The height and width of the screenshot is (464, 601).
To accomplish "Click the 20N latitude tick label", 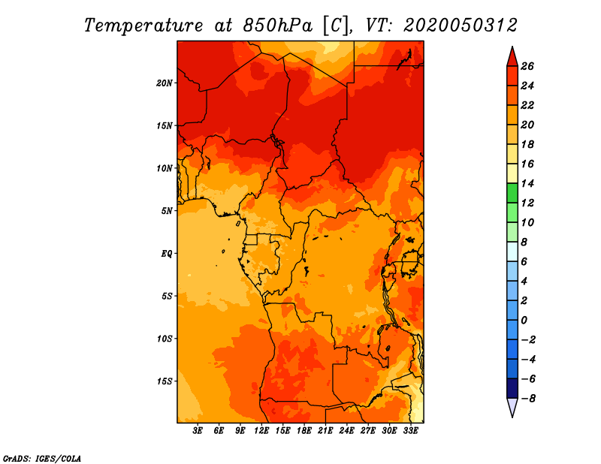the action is click(x=165, y=83).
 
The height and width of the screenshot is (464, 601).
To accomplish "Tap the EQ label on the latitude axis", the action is click(x=167, y=254).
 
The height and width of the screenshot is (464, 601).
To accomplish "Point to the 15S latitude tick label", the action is click(x=165, y=381).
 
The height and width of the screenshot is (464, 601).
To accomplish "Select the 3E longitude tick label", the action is click(x=198, y=431).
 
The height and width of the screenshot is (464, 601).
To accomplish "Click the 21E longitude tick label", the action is click(x=325, y=431).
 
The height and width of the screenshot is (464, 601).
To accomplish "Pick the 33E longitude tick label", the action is click(x=410, y=431).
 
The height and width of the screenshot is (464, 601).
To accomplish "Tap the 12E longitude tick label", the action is click(x=261, y=431).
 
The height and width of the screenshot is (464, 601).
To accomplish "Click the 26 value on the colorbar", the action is click(x=527, y=66).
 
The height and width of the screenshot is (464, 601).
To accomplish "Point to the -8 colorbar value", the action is click(x=528, y=399).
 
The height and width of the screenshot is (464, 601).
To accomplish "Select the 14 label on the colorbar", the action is click(x=527, y=183).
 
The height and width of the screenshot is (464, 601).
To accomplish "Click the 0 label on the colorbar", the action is click(x=524, y=321).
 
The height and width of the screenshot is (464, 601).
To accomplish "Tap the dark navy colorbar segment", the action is click(x=512, y=388).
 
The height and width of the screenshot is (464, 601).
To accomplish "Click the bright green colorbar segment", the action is click(x=512, y=193).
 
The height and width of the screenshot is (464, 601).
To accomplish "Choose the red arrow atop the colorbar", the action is click(x=512, y=56).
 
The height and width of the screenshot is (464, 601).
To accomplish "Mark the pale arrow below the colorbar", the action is click(x=512, y=408).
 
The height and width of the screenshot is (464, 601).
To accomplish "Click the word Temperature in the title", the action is click(x=143, y=26).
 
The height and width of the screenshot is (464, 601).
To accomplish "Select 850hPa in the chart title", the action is click(x=277, y=26).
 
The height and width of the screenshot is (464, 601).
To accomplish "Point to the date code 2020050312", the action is click(x=461, y=26).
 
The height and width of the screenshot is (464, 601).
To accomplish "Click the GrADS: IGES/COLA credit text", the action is click(x=42, y=459).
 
